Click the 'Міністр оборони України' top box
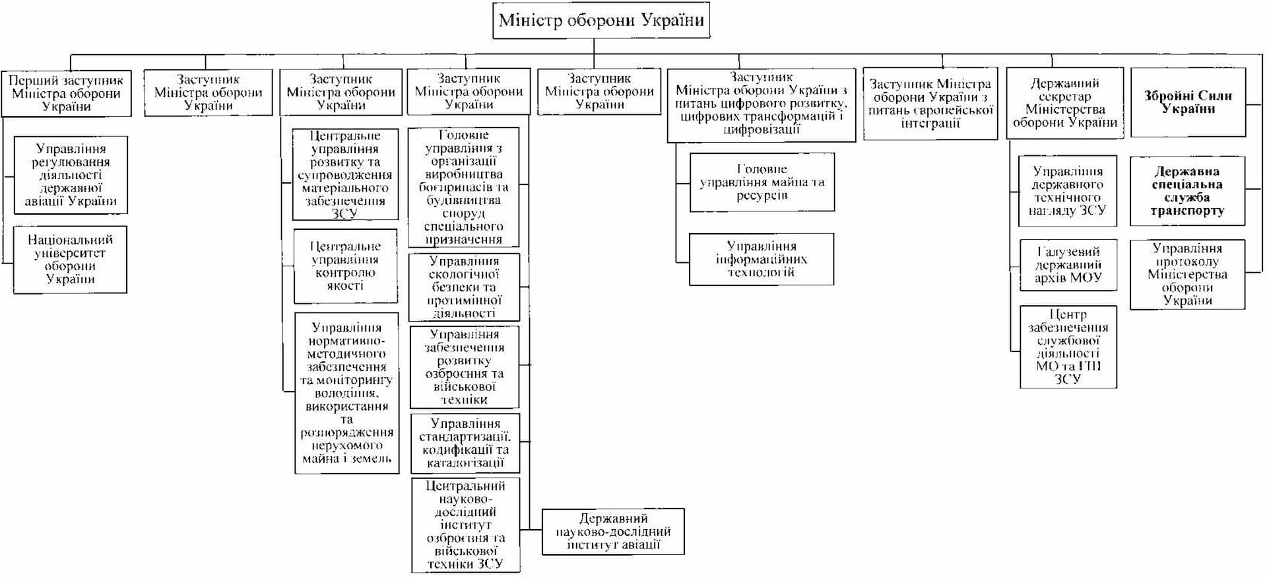pyautogui.click(x=601, y=20)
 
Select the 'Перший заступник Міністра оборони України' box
pyautogui.click(x=66, y=94)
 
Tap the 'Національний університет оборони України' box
pyautogui.click(x=70, y=260)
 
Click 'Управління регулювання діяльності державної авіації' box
pyautogui.click(x=71, y=175)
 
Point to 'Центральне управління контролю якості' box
pyautogui.click(x=345, y=266)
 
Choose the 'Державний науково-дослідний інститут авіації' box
pyautogui.click(x=613, y=532)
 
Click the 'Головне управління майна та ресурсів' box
pyautogui.click(x=762, y=182)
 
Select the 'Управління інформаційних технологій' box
pyautogui.click(x=762, y=259)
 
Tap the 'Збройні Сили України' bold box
pyautogui.click(x=1188, y=102)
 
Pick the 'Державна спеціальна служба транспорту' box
pyautogui.click(x=1187, y=192)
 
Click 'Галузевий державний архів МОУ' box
pyautogui.click(x=1068, y=265)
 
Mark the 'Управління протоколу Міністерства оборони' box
pyautogui.click(x=1187, y=275)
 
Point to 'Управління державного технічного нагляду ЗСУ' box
pyautogui.click(x=1068, y=192)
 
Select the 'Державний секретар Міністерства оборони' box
pyautogui.click(x=1064, y=103)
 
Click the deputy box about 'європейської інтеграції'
pyautogui.click(x=930, y=104)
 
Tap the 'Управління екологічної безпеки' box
pyautogui.click(x=464, y=287)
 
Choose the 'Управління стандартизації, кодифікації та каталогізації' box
pyautogui.click(x=465, y=443)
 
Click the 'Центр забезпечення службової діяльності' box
pyautogui.click(x=1068, y=347)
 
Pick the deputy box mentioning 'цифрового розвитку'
pyautogui.click(x=761, y=104)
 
